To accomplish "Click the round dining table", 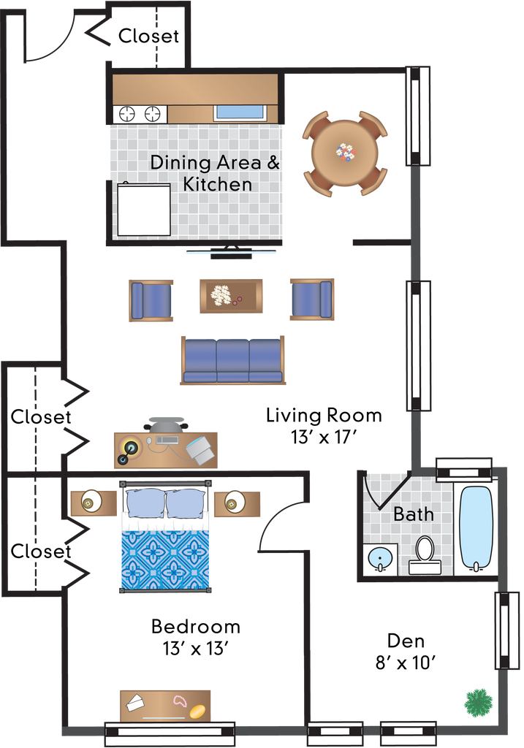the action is (344, 153).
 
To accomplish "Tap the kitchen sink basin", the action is (240, 112).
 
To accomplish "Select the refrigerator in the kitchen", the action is (144, 210).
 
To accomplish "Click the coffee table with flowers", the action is (231, 296).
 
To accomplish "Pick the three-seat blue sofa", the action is (232, 360).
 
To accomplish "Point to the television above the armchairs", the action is (231, 252).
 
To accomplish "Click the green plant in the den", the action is (479, 702).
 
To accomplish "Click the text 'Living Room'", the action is (324, 416).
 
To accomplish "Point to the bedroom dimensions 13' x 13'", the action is (195, 649).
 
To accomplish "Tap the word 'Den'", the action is (406, 641).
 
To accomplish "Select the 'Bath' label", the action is (414, 514).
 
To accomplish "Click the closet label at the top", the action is (148, 36).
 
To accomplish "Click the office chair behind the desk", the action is (166, 424).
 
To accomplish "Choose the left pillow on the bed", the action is (145, 504).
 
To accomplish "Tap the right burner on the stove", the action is (152, 114).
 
